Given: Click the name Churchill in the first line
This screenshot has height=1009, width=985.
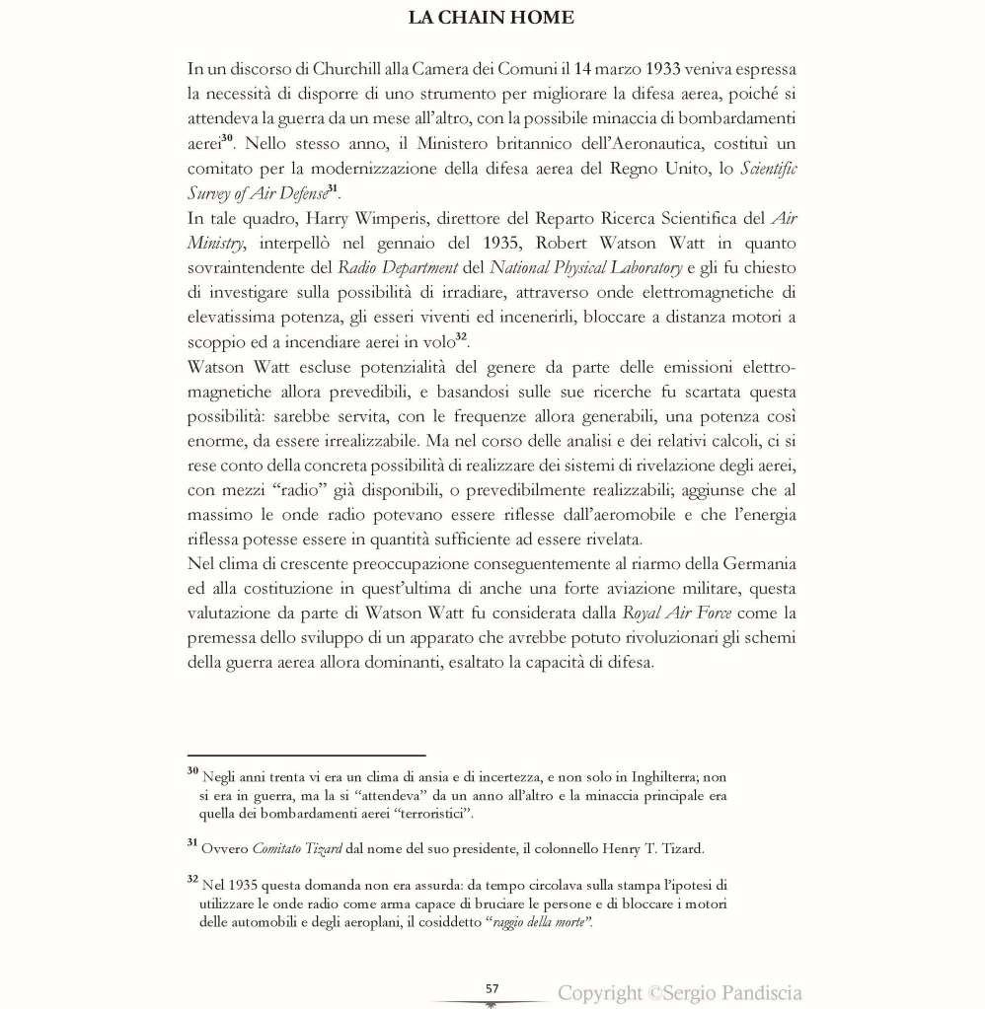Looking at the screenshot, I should (x=341, y=70).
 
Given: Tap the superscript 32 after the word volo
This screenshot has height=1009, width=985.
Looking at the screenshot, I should (x=461, y=337).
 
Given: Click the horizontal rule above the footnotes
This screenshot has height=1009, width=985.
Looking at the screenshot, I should (x=306, y=755).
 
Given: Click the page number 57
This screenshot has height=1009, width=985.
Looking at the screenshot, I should (x=492, y=988).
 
